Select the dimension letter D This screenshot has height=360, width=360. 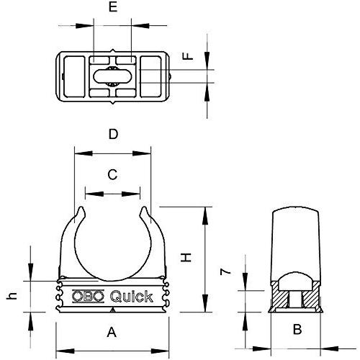pos(112,134)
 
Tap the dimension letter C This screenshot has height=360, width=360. pos(112,174)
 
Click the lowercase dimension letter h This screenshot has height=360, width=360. pos(11,296)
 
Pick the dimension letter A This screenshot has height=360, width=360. pos(111,332)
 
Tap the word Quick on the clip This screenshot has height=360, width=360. pos(130,297)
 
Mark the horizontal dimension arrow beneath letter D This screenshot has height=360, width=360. pos(112,152)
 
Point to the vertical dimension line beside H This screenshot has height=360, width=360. pos(206,259)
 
